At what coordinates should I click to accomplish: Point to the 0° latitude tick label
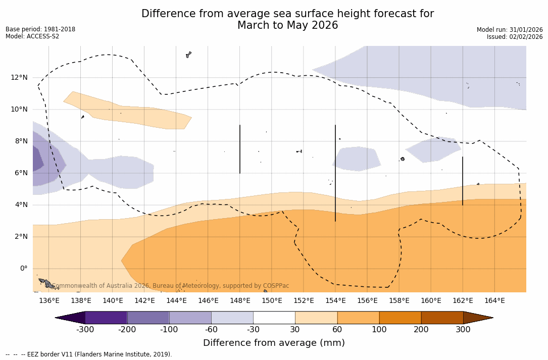pos(24,268)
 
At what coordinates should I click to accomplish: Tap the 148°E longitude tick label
pos(240,300)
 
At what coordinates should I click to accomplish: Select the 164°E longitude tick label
pos(494,300)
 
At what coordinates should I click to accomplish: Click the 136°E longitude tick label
pos(49,300)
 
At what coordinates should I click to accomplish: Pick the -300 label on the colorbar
pos(85,330)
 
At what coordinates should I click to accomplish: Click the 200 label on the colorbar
pos(421,330)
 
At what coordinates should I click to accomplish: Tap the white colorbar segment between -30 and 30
pos(274,318)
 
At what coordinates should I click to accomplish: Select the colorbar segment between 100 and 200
pos(400,318)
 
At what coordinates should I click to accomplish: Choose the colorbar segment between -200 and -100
pos(148,318)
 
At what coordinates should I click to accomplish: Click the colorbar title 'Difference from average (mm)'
pos(274,343)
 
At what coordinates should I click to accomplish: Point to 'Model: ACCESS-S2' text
pos(32,36)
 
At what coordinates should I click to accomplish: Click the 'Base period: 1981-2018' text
pos(40,29)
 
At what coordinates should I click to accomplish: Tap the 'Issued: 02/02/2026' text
pos(515,37)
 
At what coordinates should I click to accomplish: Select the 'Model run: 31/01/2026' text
pos(510,30)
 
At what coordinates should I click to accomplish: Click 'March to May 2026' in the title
pos(287,25)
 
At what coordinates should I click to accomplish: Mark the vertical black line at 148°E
pos(240,149)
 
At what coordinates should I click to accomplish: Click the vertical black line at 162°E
pos(463,181)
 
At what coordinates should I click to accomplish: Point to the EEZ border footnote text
pos(89,354)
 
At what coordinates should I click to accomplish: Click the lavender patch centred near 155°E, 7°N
pos(357,159)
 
